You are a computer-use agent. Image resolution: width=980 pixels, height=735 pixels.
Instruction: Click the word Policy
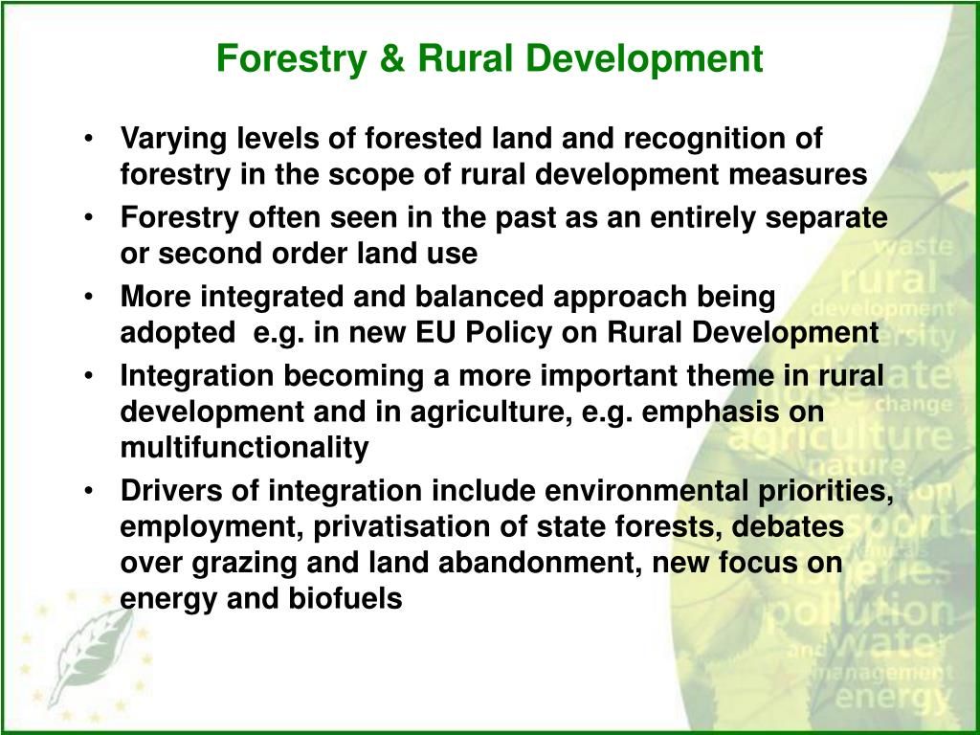(x=509, y=333)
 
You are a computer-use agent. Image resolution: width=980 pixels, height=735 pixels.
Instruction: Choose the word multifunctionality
(x=244, y=447)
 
